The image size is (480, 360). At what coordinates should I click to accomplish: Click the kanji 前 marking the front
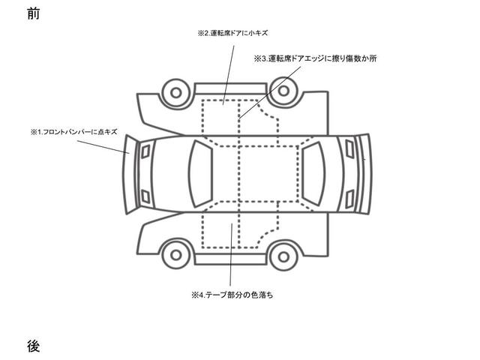tap(33, 13)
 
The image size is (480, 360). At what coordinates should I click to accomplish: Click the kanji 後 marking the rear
tap(33, 346)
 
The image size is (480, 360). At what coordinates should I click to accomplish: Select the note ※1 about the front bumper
tap(74, 132)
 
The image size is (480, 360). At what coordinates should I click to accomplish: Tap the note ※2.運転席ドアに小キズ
tap(232, 34)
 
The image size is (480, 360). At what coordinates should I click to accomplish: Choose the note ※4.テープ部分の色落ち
tap(232, 295)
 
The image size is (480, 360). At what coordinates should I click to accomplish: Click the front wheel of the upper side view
tap(176, 92)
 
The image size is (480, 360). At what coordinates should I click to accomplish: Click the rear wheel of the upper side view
tap(282, 92)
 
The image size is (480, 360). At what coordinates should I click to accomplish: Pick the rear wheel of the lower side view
tap(282, 255)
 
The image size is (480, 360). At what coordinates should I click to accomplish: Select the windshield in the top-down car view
tap(200, 174)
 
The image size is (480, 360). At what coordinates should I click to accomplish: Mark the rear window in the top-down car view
tap(313, 174)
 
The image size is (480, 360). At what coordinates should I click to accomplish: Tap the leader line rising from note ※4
tap(232, 255)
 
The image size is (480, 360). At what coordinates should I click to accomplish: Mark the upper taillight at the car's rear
tap(350, 149)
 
